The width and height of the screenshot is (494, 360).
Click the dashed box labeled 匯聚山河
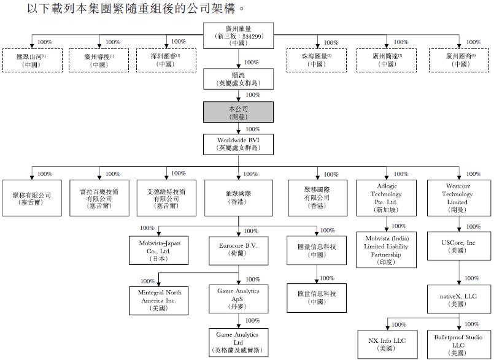31,60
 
